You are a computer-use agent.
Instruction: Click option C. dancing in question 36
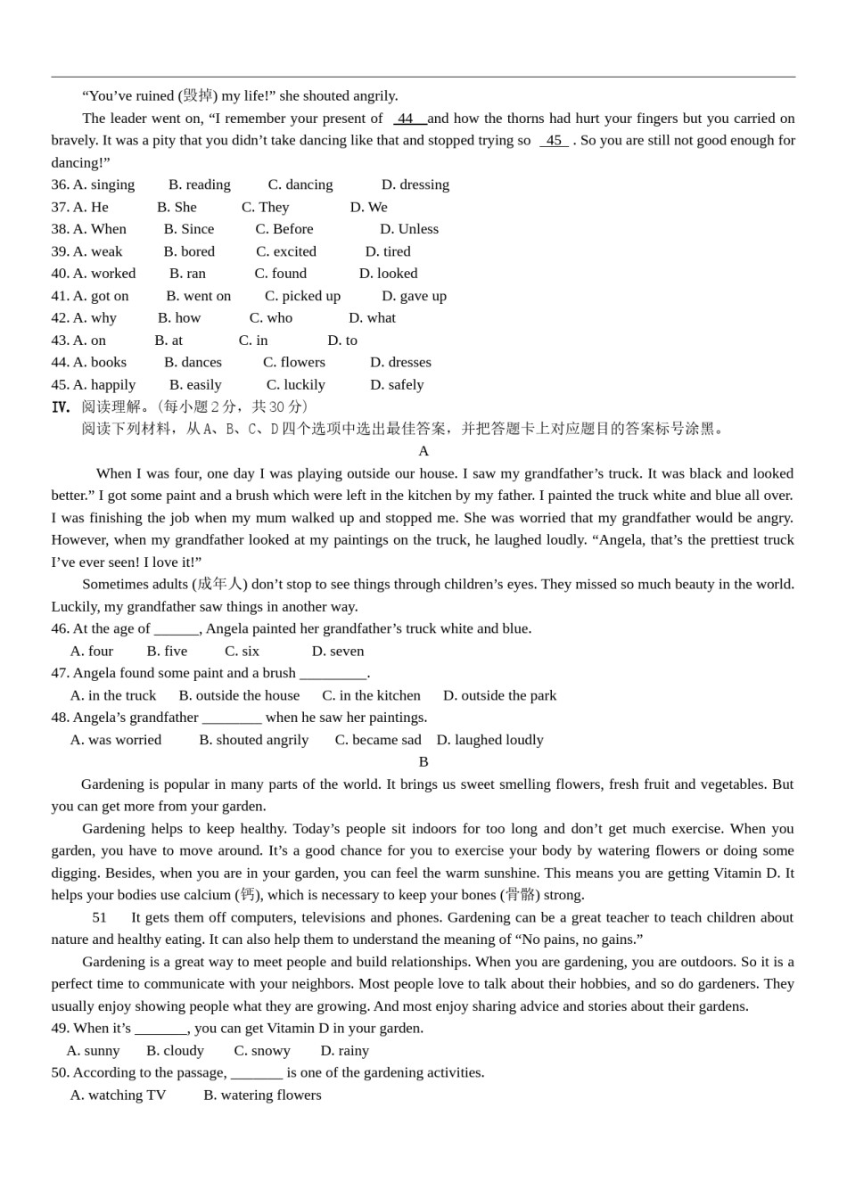click(x=300, y=185)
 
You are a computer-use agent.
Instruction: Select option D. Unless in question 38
click(x=409, y=229)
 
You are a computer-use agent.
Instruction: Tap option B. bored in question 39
click(x=189, y=251)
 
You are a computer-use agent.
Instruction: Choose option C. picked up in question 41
click(x=302, y=296)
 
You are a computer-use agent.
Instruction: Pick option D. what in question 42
click(x=372, y=318)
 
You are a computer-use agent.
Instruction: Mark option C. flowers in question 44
click(x=294, y=362)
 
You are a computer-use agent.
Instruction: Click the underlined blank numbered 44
click(x=407, y=119)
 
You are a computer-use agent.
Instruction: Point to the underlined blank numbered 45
click(x=554, y=141)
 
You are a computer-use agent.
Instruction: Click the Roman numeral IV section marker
click(x=61, y=407)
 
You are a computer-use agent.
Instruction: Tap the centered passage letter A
click(x=423, y=451)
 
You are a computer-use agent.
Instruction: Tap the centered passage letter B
click(x=423, y=762)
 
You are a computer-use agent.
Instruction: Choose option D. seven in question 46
click(x=338, y=652)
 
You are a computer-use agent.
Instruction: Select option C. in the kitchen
click(x=371, y=695)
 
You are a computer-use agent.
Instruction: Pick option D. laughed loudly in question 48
click(x=489, y=740)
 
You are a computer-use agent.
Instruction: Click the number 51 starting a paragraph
click(x=99, y=917)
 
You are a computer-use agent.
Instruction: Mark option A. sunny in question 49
click(x=94, y=1051)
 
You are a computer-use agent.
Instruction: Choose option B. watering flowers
click(x=262, y=1095)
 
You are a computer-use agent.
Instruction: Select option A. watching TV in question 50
click(x=118, y=1095)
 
